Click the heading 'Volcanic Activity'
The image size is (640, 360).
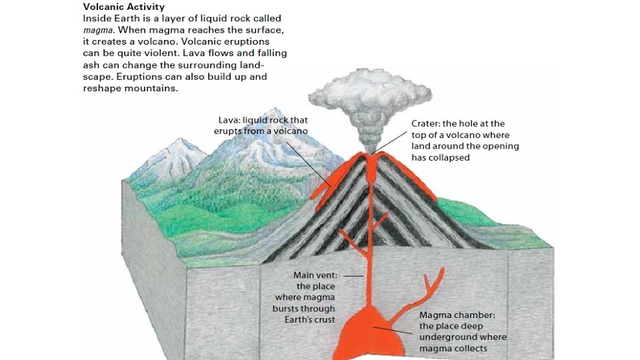click(123, 7)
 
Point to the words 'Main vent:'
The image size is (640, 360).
click(315, 275)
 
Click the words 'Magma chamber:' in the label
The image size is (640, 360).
click(457, 315)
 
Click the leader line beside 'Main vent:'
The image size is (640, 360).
click(353, 275)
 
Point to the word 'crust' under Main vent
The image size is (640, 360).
click(325, 320)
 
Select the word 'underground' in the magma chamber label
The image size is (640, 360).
click(445, 337)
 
